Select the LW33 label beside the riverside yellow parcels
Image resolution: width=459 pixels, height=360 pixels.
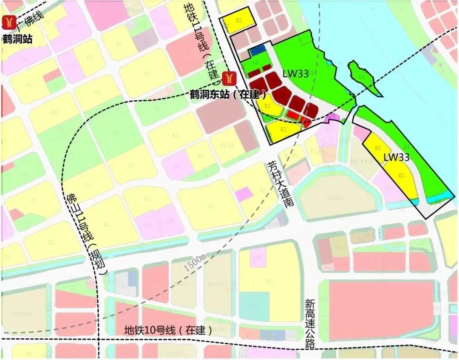pyautogui.click(x=396, y=157)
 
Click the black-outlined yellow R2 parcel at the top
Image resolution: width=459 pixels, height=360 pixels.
pyautogui.click(x=239, y=21)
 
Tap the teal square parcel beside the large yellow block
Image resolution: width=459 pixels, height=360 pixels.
pyautogui.click(x=254, y=306)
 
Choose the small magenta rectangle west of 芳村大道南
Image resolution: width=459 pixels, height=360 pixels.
pyautogui.click(x=244, y=194)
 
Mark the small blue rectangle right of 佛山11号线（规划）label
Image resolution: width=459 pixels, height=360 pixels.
pyautogui.click(x=132, y=278)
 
